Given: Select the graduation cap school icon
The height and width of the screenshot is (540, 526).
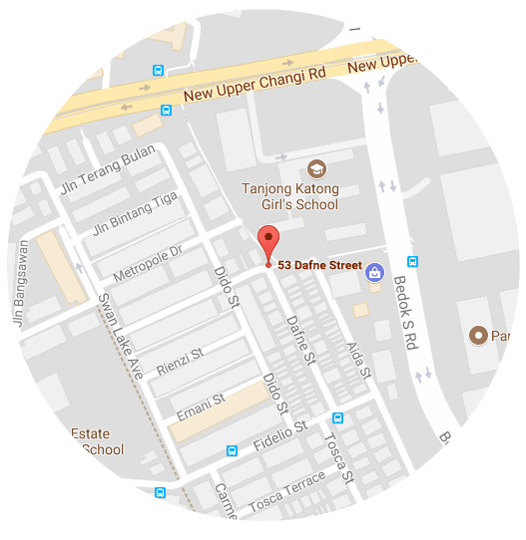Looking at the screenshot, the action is [317, 168].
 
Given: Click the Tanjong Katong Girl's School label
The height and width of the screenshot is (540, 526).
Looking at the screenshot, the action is [290, 196].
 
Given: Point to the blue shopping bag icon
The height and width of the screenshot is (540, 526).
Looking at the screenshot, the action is [374, 270].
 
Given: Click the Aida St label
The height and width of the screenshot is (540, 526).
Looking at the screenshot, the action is [357, 359].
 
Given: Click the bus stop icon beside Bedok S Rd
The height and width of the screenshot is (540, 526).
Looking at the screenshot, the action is [412, 261].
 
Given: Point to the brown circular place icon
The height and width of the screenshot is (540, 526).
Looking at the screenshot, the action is [478, 336].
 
